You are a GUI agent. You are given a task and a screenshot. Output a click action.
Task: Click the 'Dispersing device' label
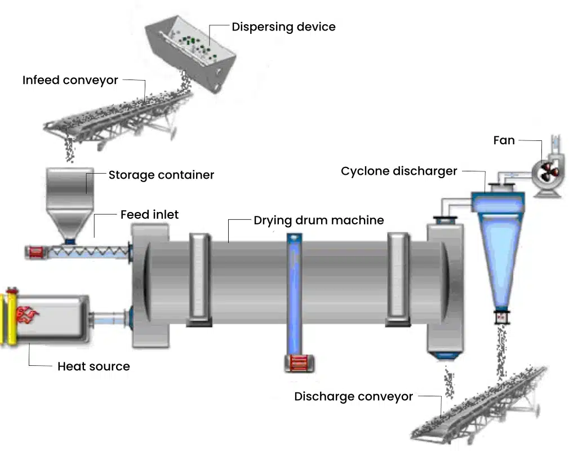[x=283, y=26]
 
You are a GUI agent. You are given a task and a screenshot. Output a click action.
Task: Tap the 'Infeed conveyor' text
[x=70, y=80]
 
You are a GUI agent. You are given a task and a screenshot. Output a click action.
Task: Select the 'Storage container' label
[x=161, y=175]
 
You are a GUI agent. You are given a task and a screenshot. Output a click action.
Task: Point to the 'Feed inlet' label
[x=149, y=214]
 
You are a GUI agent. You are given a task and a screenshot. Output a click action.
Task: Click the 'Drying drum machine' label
[x=318, y=220]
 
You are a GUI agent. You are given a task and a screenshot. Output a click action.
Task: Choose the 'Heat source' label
[x=94, y=366]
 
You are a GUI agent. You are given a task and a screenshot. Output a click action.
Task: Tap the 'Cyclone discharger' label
[x=399, y=171]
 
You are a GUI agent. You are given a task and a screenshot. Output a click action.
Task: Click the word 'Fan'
[x=504, y=140]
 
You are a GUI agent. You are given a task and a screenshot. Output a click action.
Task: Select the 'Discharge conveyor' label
[x=353, y=397]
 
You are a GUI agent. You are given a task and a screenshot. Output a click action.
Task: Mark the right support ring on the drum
[x=398, y=279]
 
